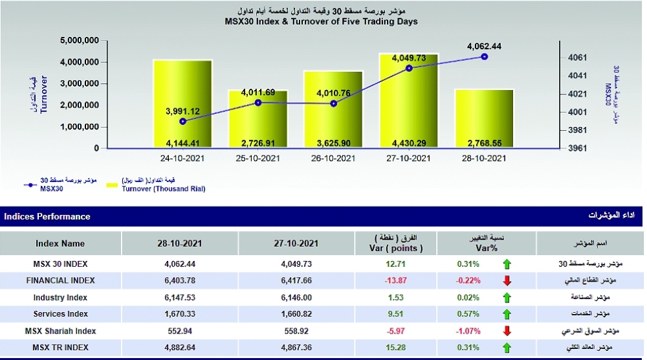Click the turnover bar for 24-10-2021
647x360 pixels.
click(x=182, y=97)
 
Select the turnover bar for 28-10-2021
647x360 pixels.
click(x=484, y=117)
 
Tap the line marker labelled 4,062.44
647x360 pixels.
click(x=484, y=57)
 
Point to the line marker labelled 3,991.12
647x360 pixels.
click(x=182, y=121)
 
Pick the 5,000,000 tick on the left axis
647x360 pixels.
click(x=79, y=40)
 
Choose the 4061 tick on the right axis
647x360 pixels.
click(x=578, y=58)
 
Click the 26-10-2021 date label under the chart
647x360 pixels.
click(x=333, y=158)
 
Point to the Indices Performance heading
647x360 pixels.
click(x=47, y=216)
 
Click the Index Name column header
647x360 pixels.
click(x=60, y=244)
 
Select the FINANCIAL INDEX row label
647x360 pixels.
click(x=60, y=280)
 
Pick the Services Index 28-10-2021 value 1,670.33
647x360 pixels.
click(x=180, y=314)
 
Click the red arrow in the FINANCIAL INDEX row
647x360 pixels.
click(x=507, y=281)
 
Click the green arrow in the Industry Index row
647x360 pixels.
click(x=507, y=298)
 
